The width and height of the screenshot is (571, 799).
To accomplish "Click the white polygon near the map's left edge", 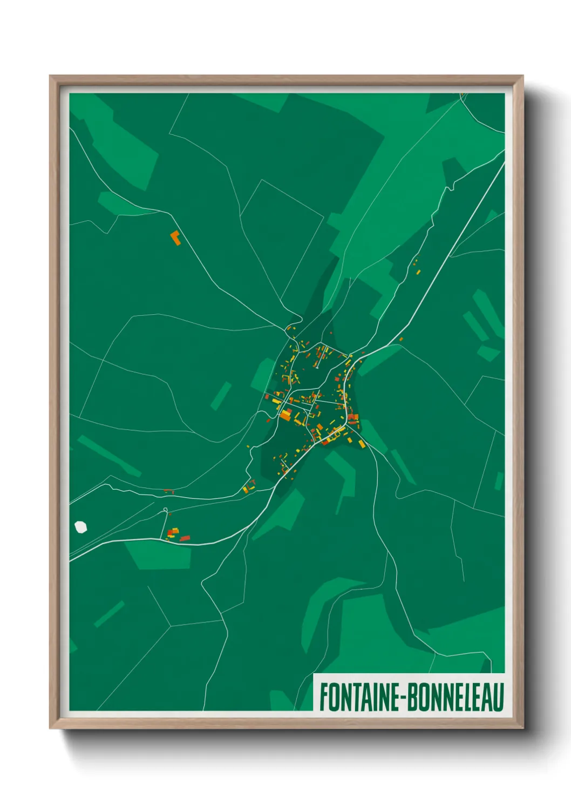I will (x=81, y=526).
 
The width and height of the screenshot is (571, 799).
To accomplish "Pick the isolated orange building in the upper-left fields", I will (x=175, y=238).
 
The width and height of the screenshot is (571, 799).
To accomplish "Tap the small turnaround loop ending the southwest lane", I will (x=165, y=510).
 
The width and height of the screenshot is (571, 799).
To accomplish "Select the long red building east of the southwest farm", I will (x=185, y=538).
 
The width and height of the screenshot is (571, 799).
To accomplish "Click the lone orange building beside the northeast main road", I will (x=401, y=339).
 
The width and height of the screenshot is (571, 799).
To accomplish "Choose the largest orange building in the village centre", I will (x=285, y=415).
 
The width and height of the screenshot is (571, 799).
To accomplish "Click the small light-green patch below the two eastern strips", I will (x=488, y=354).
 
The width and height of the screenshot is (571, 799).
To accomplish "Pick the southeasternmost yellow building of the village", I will (x=362, y=444).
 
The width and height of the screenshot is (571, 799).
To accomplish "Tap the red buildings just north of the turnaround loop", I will (x=169, y=491).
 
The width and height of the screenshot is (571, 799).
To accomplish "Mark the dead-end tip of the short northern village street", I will (x=317, y=368).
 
